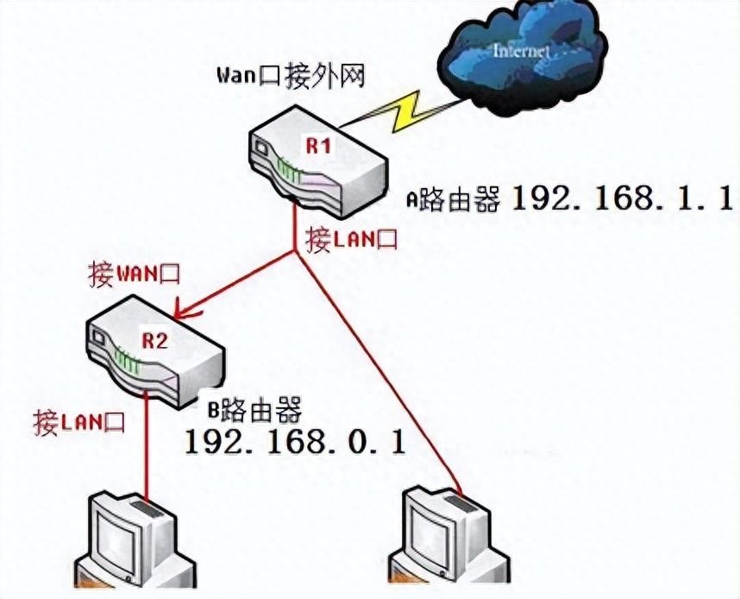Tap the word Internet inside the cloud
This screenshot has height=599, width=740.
(520, 51)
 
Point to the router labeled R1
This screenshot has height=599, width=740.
(316, 164)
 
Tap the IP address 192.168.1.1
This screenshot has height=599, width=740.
(620, 199)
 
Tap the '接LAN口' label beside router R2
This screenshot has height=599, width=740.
(78, 422)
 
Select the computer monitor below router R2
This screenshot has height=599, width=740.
(129, 539)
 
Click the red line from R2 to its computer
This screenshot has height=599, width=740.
(145, 449)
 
